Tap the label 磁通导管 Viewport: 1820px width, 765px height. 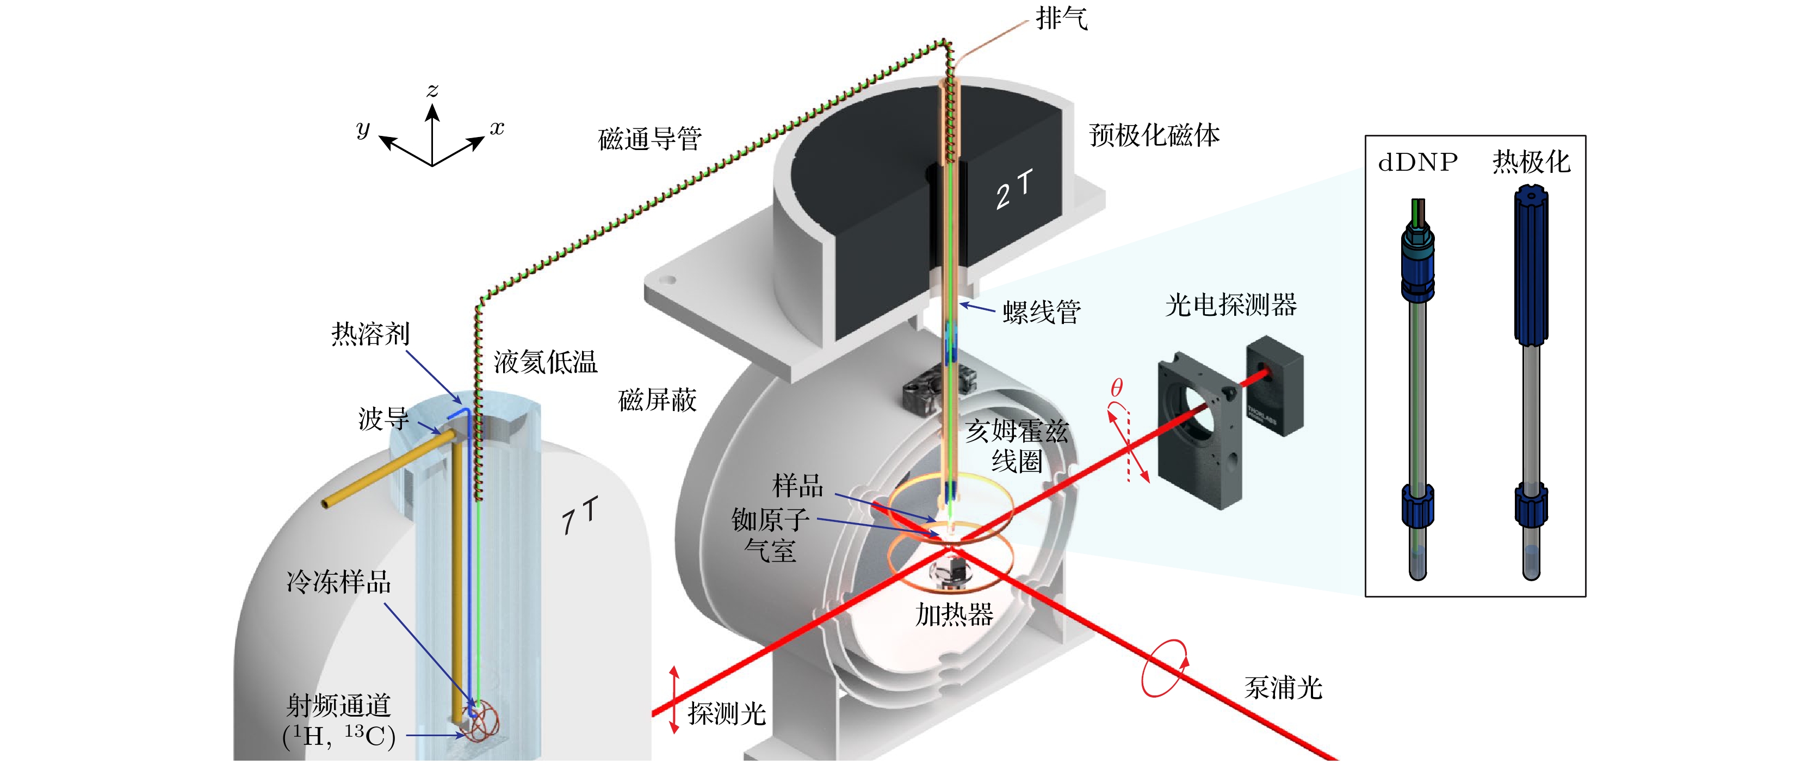[x=649, y=139]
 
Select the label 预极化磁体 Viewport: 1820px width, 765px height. [x=1154, y=135]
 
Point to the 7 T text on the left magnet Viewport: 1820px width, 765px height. [x=579, y=515]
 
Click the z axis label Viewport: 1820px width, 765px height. [x=432, y=90]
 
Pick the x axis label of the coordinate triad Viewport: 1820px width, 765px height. [x=497, y=128]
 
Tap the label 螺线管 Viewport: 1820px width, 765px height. [x=1042, y=312]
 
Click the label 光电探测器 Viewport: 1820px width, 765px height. [x=1231, y=305]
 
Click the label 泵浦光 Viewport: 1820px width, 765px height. [x=1283, y=687]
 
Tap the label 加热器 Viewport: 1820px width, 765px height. [x=954, y=614]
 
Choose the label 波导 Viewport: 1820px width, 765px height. [x=383, y=419]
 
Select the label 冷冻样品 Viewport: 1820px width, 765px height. [x=338, y=582]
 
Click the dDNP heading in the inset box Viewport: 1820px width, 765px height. [x=1417, y=163]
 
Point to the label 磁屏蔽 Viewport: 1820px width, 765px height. [x=657, y=400]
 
